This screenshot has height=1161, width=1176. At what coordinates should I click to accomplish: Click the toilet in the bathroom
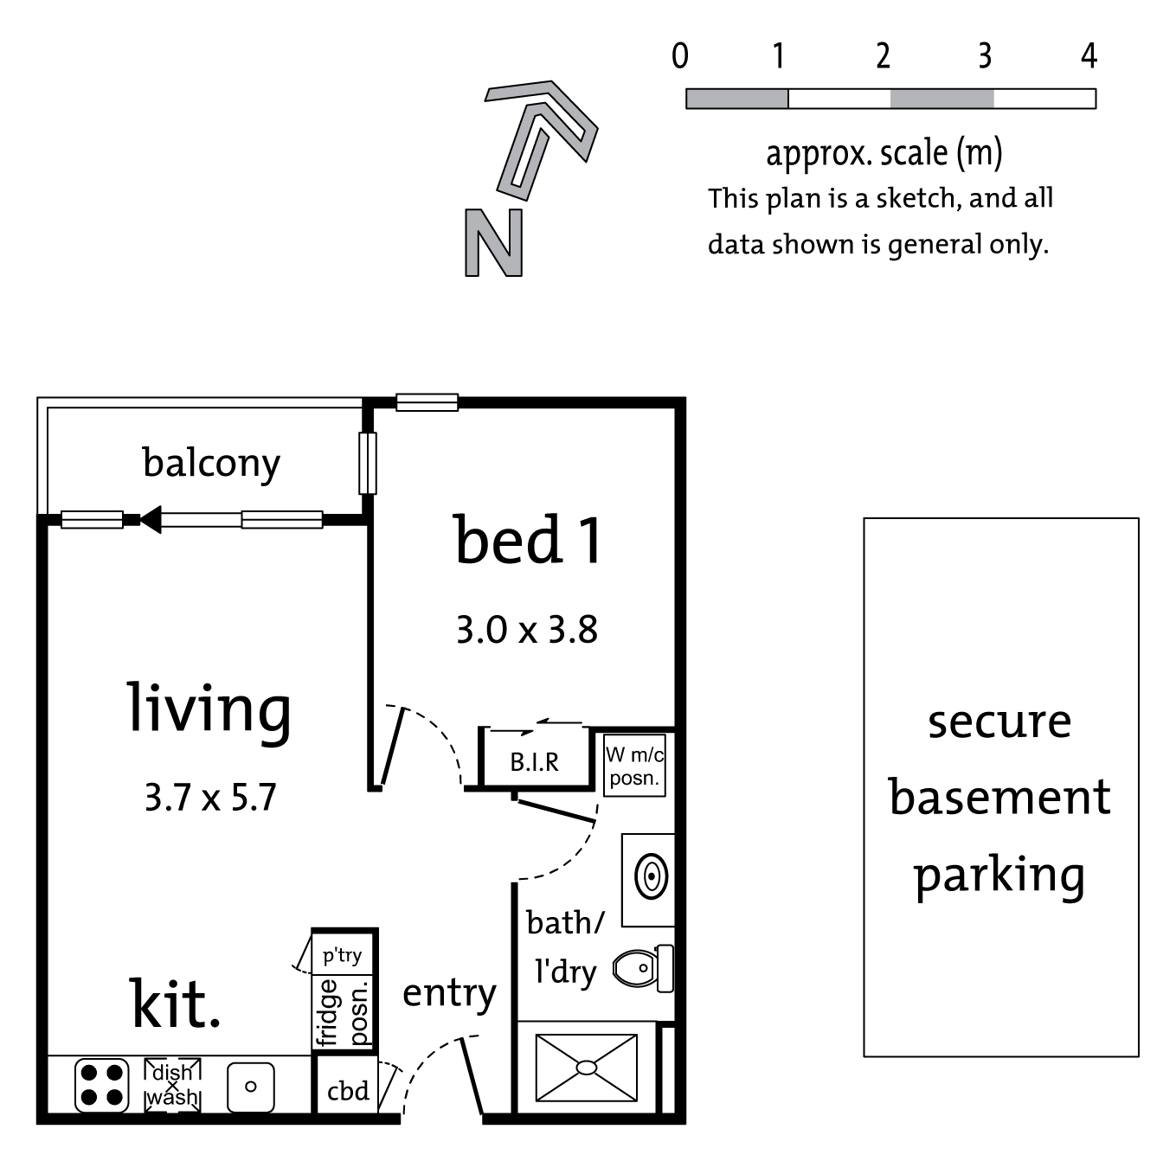coord(643,968)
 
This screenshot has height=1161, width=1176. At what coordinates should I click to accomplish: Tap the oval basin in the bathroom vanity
coord(652,877)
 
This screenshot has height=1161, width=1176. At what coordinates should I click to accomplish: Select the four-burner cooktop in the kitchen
coord(102,1086)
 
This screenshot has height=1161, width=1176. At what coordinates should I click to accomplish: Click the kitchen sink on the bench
coord(251,1087)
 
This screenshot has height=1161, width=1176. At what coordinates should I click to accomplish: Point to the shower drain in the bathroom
coord(587,1068)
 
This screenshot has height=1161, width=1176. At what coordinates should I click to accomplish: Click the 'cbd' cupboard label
coord(348,1091)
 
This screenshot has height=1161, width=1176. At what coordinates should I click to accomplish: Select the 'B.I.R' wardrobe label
coord(535,762)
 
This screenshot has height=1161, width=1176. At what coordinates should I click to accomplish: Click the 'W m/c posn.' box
coord(634,766)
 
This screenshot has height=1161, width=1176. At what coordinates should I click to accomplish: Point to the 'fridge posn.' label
coord(343,1012)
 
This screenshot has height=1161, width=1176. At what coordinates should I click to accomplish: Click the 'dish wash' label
coord(173,1085)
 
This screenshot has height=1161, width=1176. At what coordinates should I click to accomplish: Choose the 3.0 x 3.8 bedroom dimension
coord(527,630)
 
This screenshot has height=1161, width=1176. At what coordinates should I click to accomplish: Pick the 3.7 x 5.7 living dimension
coord(210,797)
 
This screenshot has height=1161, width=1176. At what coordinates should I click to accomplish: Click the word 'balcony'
coord(211,464)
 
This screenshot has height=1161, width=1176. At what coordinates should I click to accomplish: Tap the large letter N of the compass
coord(494,242)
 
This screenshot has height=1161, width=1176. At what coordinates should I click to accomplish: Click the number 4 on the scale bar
coord(1089,56)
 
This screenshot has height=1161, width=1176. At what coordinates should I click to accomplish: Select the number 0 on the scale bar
coord(680,56)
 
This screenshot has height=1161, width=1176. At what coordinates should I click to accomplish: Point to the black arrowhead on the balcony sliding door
coord(151,519)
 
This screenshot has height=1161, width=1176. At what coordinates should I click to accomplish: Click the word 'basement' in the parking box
coord(999,797)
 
